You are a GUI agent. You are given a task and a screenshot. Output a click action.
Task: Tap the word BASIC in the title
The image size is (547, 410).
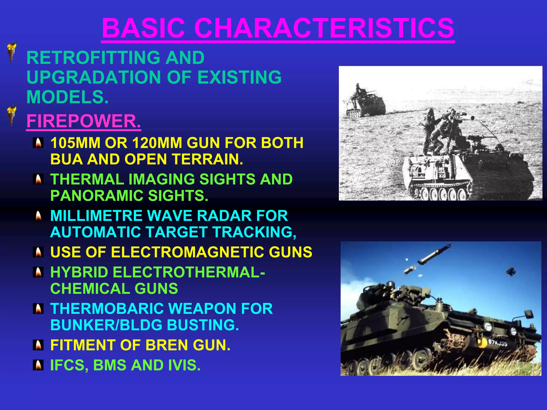pos(143,28)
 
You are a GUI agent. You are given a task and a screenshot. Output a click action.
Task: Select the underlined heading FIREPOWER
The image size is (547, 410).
pos(84,121)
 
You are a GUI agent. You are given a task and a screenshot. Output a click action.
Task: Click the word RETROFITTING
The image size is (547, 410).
pos(93,58)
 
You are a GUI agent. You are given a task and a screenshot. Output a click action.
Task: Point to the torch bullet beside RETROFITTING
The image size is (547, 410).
pos(11,52)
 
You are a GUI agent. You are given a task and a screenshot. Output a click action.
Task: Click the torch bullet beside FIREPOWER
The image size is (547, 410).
pos(11,115)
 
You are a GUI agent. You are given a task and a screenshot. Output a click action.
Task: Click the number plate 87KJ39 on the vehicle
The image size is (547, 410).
pos(497,343)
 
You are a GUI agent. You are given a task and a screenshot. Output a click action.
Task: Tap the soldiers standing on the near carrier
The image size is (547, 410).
pos(442,131)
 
